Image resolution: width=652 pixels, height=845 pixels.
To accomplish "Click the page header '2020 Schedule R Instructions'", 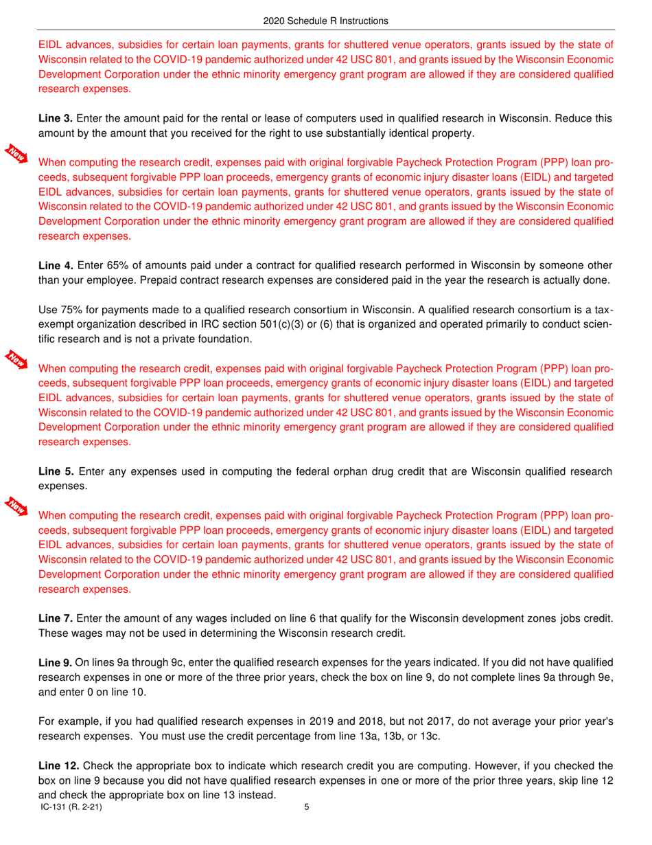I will [325, 21].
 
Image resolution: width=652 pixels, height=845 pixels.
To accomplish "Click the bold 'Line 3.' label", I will [55, 119].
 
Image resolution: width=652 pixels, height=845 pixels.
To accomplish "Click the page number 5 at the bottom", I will [307, 808].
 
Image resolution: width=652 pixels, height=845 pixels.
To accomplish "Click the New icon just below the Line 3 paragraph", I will [16, 153].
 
